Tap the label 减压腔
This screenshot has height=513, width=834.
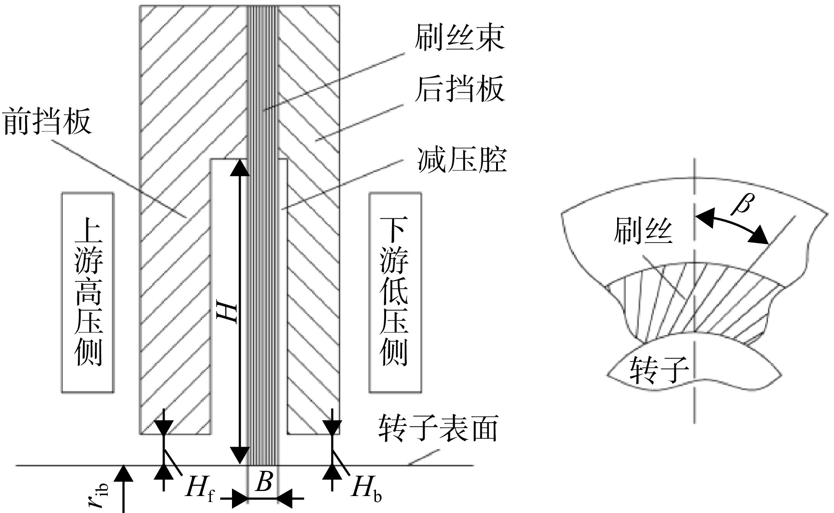(462, 160)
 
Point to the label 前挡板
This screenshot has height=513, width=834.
(47, 121)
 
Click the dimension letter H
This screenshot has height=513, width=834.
(228, 313)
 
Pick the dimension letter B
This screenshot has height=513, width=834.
(265, 482)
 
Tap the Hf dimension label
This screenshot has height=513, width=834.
(200, 489)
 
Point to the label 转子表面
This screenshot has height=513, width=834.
(438, 429)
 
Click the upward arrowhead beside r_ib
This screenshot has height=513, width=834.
(123, 474)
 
